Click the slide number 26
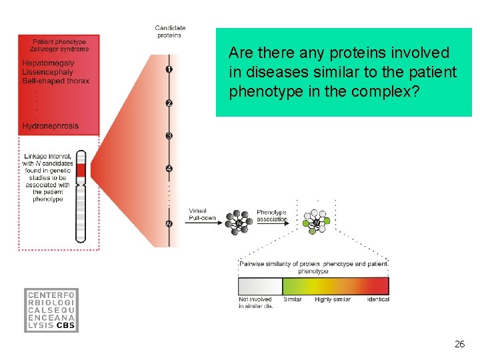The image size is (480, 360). (459, 344)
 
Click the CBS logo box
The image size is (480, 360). (51, 310)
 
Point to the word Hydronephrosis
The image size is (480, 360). (50, 126)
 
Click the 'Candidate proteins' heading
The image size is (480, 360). (170, 31)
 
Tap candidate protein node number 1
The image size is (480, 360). (169, 69)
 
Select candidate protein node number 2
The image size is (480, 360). (169, 103)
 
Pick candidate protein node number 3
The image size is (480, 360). (169, 136)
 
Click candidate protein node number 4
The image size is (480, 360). (169, 169)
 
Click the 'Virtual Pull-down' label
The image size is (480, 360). (198, 215)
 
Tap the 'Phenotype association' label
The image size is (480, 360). (272, 215)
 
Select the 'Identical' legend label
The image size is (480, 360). (378, 299)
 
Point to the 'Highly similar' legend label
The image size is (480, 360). (333, 299)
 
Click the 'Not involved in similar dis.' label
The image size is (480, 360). (255, 303)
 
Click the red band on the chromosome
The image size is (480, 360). (81, 172)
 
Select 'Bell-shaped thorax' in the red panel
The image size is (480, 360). (55, 81)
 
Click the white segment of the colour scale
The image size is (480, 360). (260, 287)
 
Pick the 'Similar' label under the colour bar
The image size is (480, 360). (293, 299)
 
